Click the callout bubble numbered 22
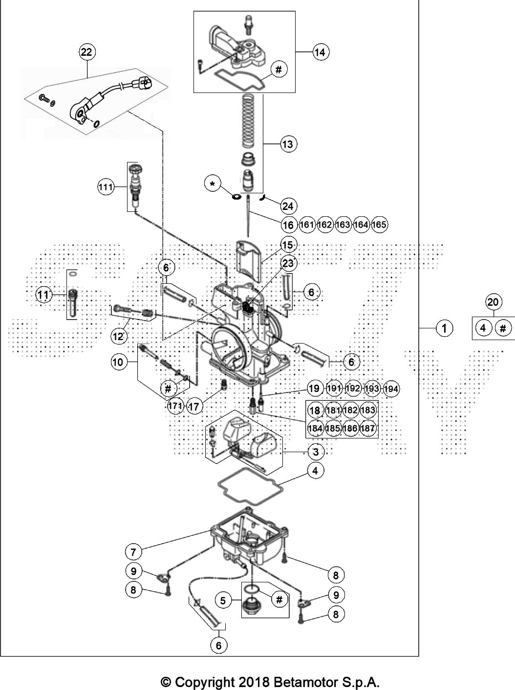(x=86, y=51)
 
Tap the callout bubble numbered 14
(x=320, y=51)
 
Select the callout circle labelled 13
(x=288, y=144)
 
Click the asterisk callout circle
(x=212, y=184)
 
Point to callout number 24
(x=288, y=206)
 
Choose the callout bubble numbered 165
(x=379, y=225)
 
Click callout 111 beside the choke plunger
(x=106, y=187)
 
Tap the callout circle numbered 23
(x=288, y=264)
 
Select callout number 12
(x=118, y=336)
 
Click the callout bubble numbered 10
(x=118, y=363)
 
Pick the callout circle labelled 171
(x=175, y=406)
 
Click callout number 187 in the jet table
(x=367, y=429)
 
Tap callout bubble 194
(x=390, y=389)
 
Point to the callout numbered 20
(x=493, y=302)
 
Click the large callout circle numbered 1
(x=444, y=328)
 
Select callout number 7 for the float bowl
(x=133, y=552)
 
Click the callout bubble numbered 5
(x=223, y=600)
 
